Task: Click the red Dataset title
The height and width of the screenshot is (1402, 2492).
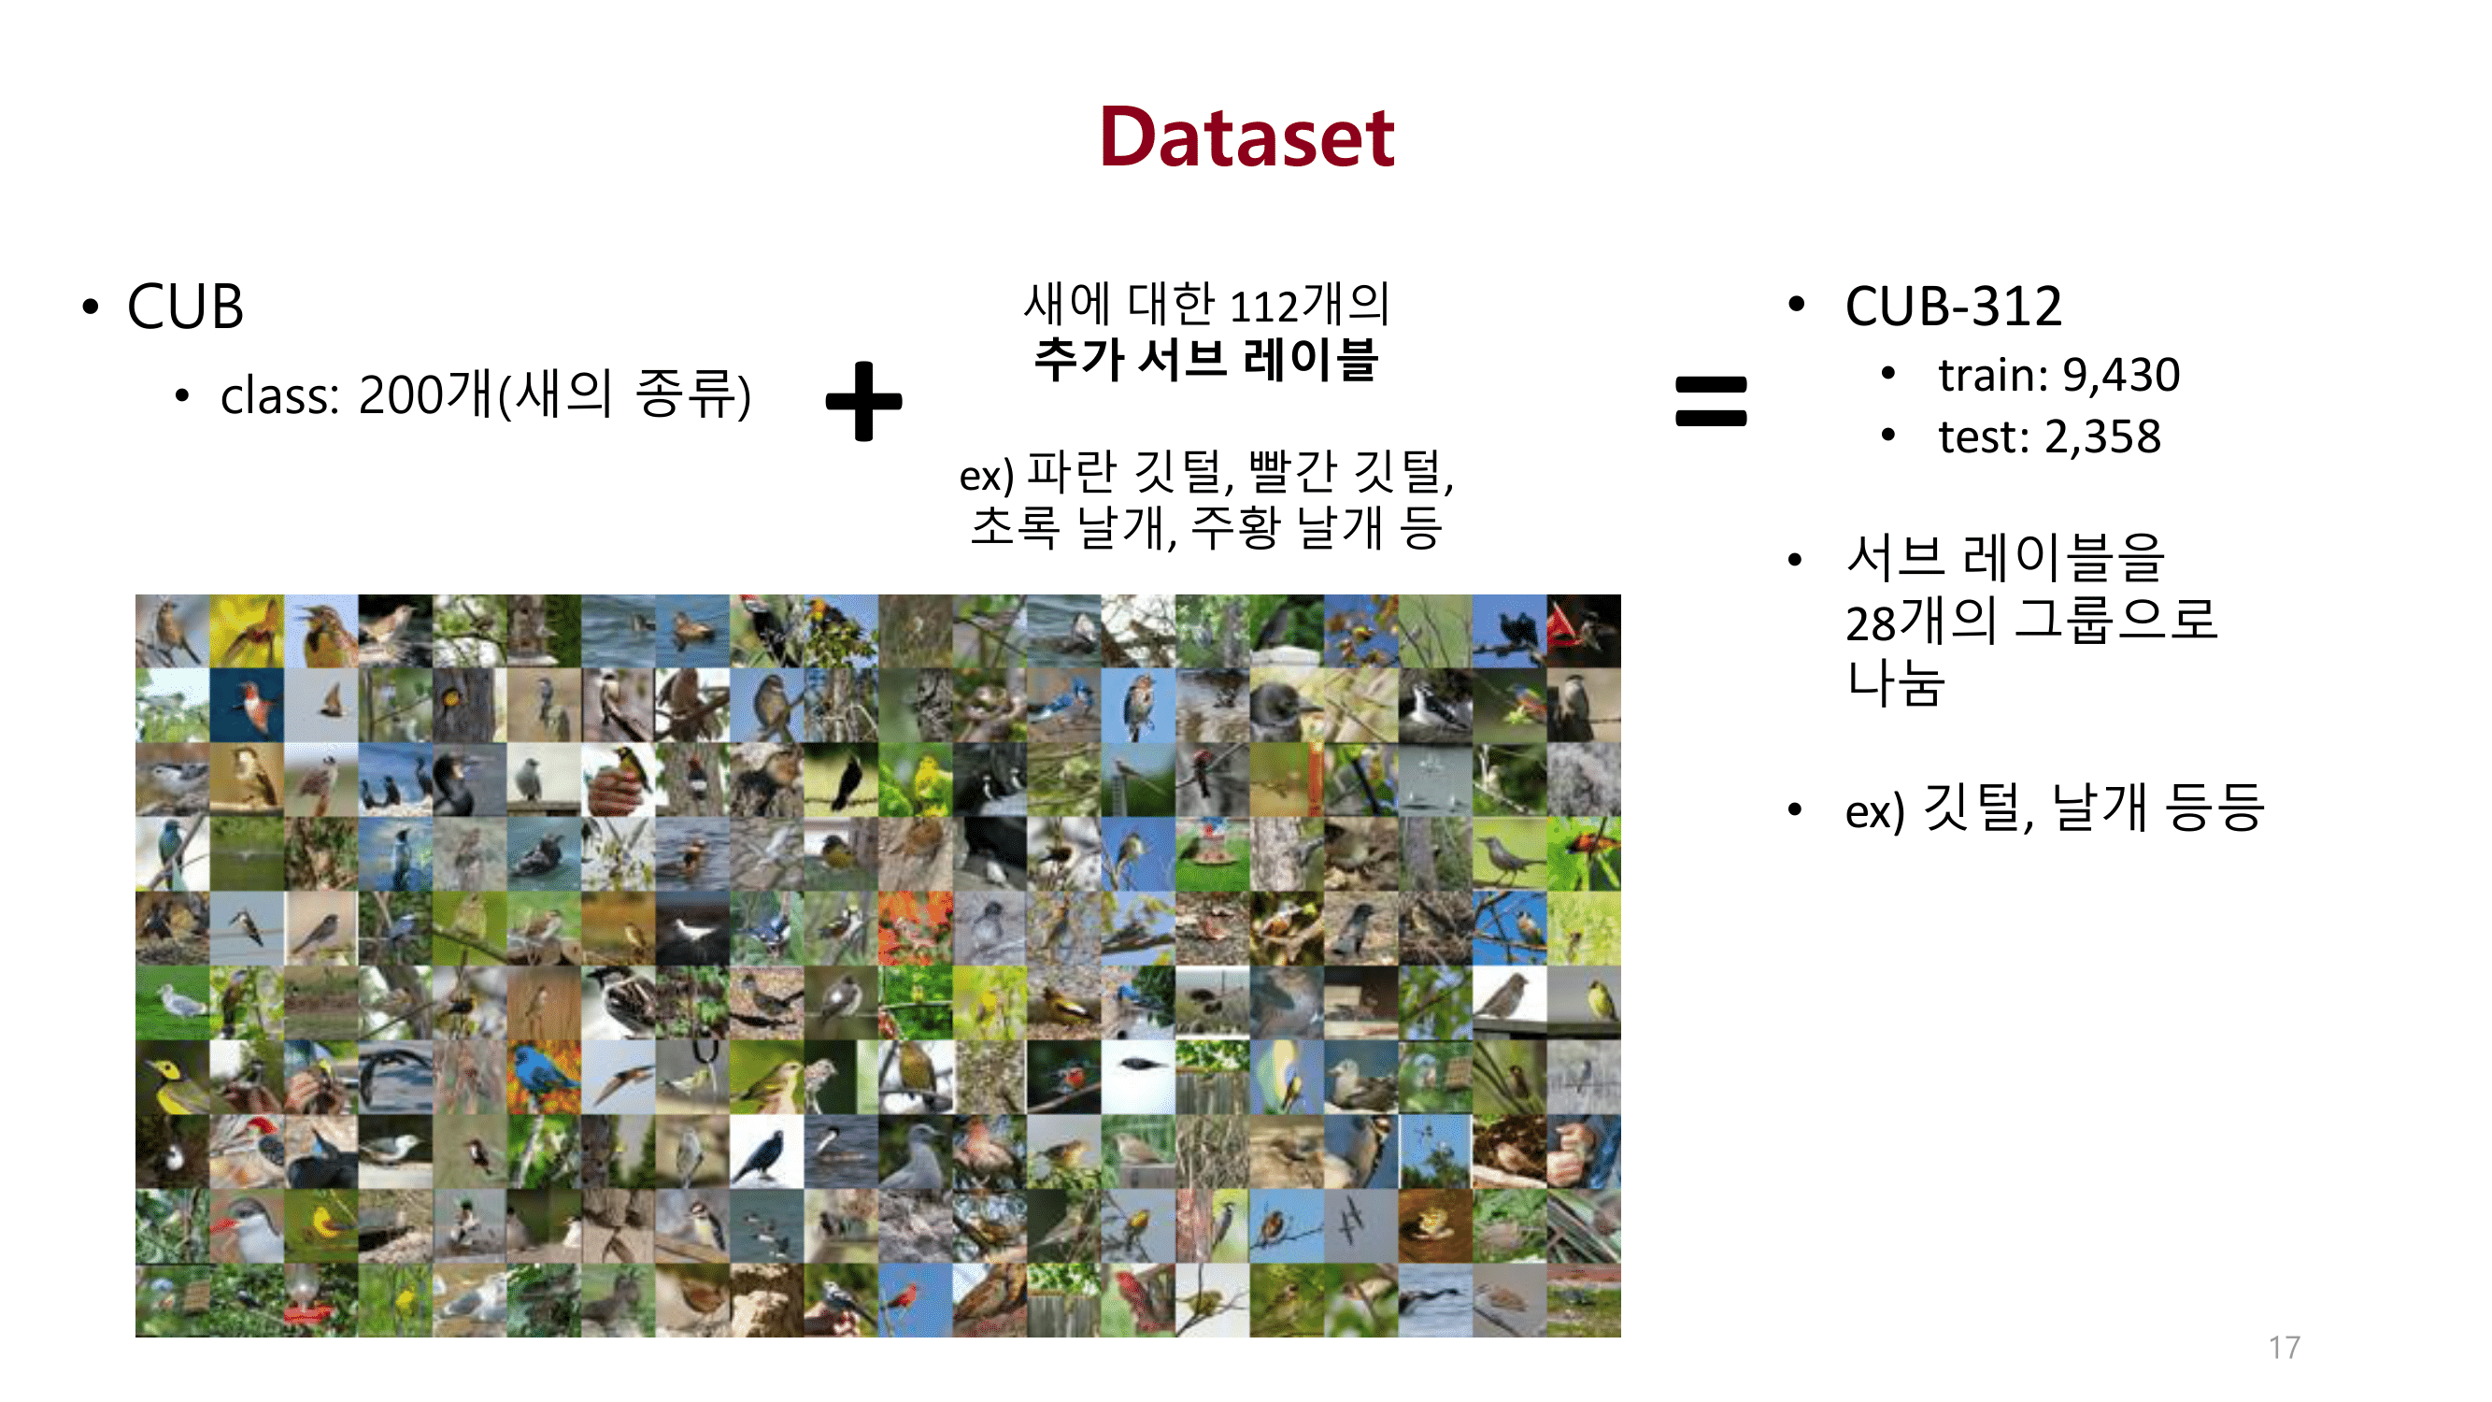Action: point(1246,138)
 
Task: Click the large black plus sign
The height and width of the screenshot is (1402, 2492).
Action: point(863,401)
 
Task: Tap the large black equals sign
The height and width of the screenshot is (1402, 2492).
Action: point(1710,401)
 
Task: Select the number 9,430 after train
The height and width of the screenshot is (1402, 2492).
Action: point(2120,376)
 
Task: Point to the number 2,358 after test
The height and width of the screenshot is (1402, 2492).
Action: point(2102,437)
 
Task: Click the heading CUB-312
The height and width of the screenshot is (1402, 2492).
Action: point(1952,307)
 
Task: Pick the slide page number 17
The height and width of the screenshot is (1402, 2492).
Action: point(2284,1347)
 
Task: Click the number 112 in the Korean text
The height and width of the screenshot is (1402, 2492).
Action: point(1262,307)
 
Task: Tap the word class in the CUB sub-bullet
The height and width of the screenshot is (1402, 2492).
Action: point(278,396)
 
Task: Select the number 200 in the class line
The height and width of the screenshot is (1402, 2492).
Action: point(399,394)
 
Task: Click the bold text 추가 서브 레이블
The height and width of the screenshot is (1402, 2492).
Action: point(1205,359)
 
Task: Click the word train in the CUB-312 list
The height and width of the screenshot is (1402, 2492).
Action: point(1994,376)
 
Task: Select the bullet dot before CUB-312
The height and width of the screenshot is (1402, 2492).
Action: point(1797,305)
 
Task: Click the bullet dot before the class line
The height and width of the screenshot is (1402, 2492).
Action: point(181,394)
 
